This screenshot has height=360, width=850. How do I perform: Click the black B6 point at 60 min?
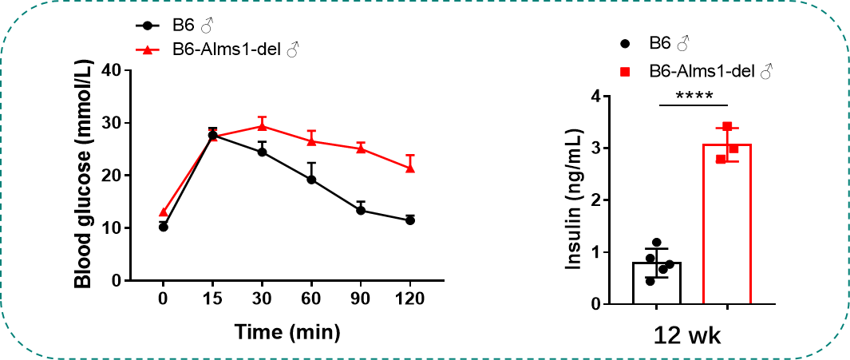(x=311, y=180)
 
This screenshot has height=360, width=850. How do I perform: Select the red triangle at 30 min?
(x=262, y=126)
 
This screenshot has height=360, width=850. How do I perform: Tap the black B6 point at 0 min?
(x=164, y=227)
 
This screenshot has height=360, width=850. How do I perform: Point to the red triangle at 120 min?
(x=410, y=168)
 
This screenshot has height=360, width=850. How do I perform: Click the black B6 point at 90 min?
(x=361, y=211)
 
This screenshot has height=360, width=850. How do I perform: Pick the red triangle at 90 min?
(x=361, y=148)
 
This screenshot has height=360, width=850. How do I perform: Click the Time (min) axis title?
(x=287, y=330)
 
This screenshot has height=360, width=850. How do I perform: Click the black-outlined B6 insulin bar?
(x=657, y=283)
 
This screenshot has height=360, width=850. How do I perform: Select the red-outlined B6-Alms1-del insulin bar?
(x=727, y=224)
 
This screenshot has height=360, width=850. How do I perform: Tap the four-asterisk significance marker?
(x=694, y=96)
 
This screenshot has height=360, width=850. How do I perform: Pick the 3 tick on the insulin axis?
(x=594, y=148)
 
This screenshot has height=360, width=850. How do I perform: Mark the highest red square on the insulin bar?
(x=727, y=127)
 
